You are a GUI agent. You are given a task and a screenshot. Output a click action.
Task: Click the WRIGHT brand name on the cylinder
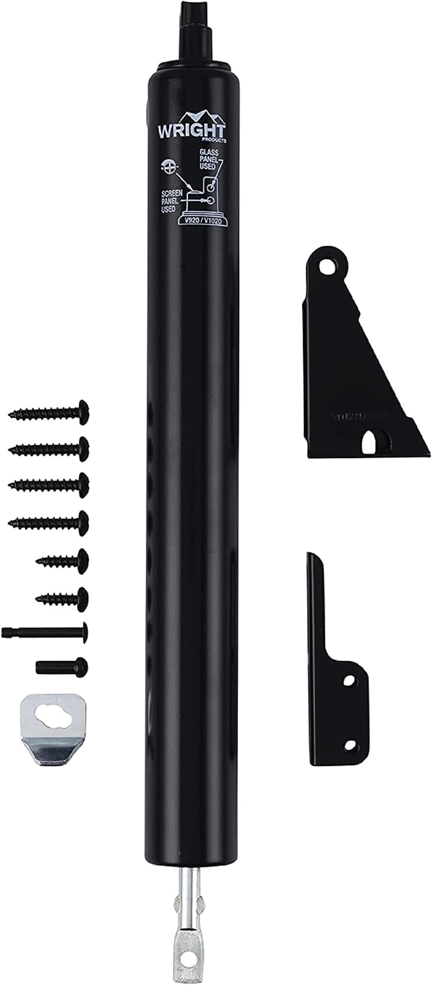click(191, 131)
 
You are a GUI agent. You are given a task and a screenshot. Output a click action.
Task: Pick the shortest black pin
click(62, 666)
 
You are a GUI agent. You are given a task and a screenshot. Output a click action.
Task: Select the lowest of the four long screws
click(49, 520)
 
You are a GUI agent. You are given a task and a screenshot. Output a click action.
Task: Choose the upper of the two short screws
click(63, 560)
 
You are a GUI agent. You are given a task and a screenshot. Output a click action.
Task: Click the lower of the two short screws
click(63, 596)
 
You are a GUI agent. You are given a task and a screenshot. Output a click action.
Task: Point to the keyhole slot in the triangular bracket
click(371, 440)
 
